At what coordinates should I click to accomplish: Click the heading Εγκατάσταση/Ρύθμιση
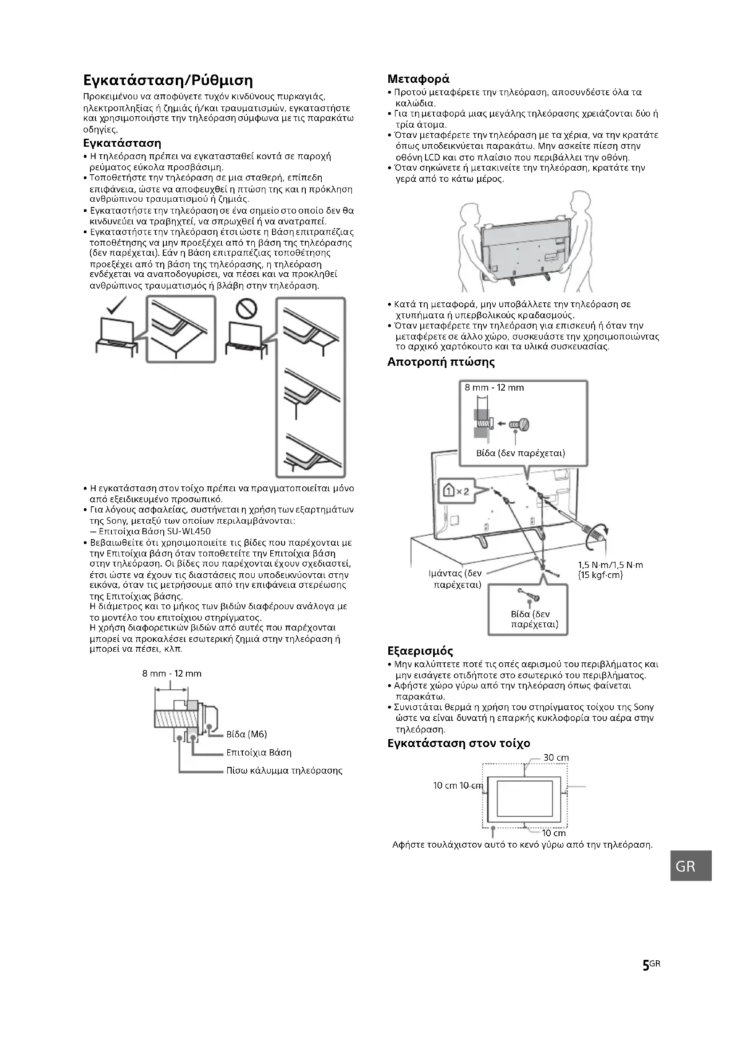point(168,81)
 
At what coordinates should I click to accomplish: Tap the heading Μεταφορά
point(418,79)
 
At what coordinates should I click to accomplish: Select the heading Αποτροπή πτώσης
point(441,362)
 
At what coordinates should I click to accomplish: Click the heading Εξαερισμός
point(420,651)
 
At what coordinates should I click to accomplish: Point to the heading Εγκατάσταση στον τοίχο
point(459,743)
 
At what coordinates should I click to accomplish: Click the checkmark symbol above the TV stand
point(116,305)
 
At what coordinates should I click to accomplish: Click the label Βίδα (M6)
point(246,734)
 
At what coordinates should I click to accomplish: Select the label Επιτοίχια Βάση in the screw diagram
point(259,752)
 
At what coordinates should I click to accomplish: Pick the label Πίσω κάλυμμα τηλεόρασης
point(284,771)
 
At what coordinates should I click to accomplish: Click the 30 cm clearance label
point(556,757)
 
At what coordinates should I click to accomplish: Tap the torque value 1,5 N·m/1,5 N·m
point(610,565)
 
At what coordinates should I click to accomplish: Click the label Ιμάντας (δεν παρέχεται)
point(455,579)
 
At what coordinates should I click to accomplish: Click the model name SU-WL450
point(189,531)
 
